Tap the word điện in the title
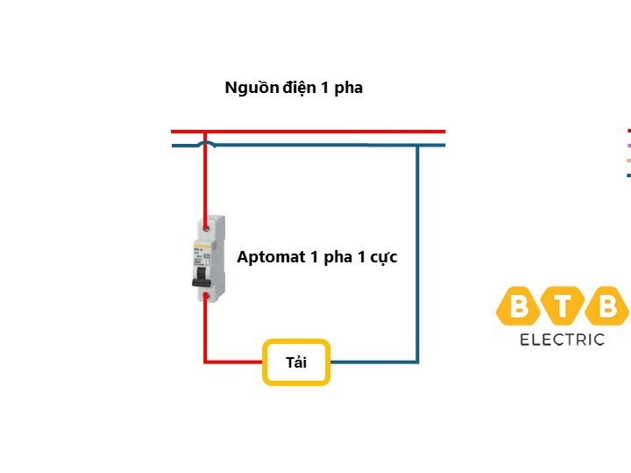[301, 88]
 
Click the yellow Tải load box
[296, 362]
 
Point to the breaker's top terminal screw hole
[205, 226]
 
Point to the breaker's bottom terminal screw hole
[205, 297]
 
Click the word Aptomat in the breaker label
[269, 257]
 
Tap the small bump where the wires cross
[205, 142]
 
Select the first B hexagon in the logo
[520, 306]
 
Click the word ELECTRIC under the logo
[562, 340]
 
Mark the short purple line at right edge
[628, 145]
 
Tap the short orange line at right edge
[628, 161]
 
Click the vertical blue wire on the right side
[417, 254]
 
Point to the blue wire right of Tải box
[372, 362]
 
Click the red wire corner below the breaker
[206, 361]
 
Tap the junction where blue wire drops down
[417, 145]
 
